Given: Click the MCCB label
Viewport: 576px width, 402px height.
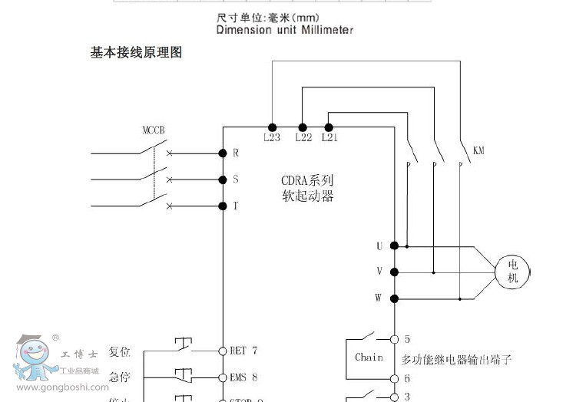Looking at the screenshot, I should (154, 130).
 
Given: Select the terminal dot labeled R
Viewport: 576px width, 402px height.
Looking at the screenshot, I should (223, 153).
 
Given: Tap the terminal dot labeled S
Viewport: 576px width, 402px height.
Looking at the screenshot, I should (223, 180).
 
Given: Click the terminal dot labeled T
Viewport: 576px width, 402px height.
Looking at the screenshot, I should (223, 206).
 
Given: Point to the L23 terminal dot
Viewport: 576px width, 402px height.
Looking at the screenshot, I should (272, 127).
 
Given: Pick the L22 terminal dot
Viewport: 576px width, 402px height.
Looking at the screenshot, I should (303, 127).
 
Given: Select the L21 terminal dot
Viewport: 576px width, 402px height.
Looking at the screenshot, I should (329, 127).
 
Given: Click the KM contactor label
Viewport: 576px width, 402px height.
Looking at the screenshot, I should (478, 151).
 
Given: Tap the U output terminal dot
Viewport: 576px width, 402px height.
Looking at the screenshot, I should (394, 245).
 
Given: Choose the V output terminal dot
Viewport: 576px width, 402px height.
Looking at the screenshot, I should (394, 272).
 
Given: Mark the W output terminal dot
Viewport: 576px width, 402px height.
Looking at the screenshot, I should (394, 298).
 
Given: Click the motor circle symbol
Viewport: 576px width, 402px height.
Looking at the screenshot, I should (513, 271).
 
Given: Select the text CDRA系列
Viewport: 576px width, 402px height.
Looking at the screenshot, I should (307, 181).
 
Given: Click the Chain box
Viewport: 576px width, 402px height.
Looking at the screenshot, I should (369, 358).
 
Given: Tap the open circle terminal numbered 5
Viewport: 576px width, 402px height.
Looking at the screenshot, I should (394, 338).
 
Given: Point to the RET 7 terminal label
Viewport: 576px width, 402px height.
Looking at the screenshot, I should (243, 351).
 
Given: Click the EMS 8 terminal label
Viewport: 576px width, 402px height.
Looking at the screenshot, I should (243, 377).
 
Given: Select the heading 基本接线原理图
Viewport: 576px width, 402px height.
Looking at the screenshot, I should (136, 53).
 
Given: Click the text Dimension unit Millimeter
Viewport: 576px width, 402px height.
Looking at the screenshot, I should (284, 30).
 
